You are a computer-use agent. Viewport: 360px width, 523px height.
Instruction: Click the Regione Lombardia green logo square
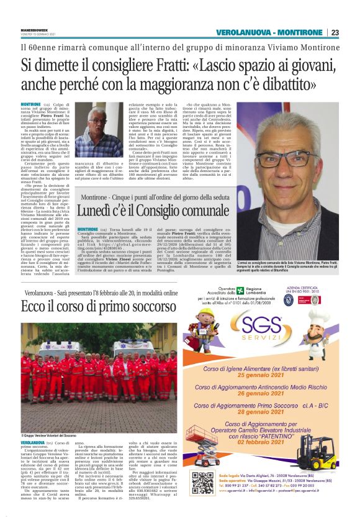pos(241,291)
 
